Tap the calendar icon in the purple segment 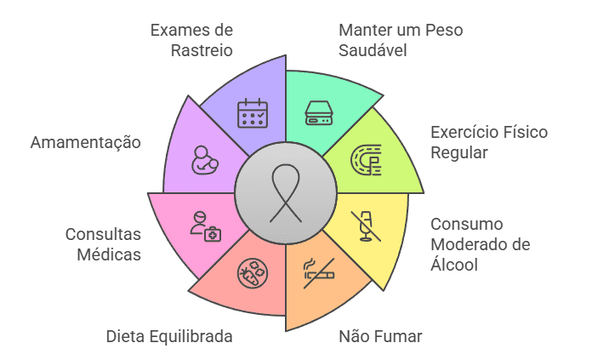click(x=253, y=113)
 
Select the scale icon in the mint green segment click(x=319, y=112)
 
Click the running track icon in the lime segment click(x=366, y=159)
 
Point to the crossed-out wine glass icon click(x=366, y=226)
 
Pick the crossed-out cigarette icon click(x=319, y=273)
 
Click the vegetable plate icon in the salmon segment click(x=253, y=273)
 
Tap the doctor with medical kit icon click(x=205, y=226)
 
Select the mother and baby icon click(x=205, y=160)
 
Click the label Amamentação click(x=86, y=143)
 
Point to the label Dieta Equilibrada click(x=169, y=336)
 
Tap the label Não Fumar click(x=380, y=336)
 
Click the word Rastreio click(x=202, y=50)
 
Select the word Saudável click(x=373, y=50)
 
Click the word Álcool click(x=454, y=264)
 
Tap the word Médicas click(x=109, y=254)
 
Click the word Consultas click(x=103, y=234)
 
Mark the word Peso click(x=444, y=31)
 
